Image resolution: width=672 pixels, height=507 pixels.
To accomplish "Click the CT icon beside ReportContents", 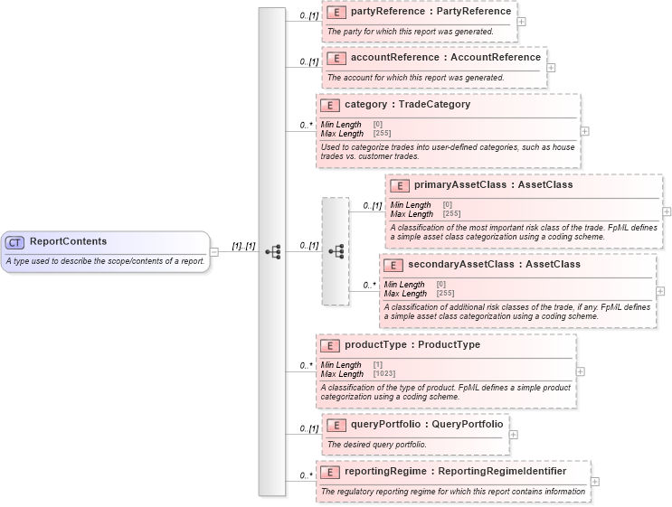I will (15, 242).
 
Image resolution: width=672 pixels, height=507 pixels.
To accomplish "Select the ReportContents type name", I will (68, 241).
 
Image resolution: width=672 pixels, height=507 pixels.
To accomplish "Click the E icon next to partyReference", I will (336, 13).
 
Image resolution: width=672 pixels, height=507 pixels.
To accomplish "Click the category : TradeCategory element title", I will (407, 104).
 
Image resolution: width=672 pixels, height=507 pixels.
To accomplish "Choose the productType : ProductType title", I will (412, 345).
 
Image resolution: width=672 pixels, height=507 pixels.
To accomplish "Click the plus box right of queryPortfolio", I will (514, 434).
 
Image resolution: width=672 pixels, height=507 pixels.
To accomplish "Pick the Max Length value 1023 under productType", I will (384, 373).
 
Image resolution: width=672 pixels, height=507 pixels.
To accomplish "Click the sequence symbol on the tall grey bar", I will (272, 251).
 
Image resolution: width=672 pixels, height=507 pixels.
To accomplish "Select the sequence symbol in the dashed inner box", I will (336, 251).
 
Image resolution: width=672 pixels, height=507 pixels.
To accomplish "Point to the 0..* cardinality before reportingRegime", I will (307, 475).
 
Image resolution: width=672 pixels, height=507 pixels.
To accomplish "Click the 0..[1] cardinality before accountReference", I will (308, 61).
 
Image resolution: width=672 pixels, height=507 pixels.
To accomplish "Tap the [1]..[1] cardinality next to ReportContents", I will (243, 246).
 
